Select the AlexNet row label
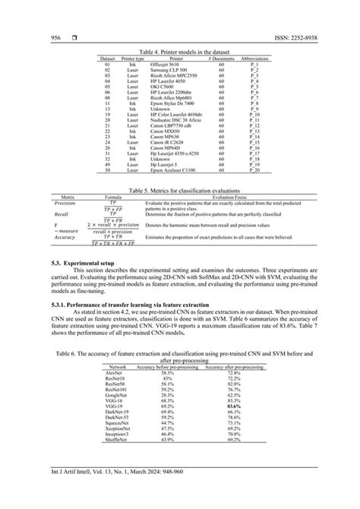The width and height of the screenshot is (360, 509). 115,394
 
